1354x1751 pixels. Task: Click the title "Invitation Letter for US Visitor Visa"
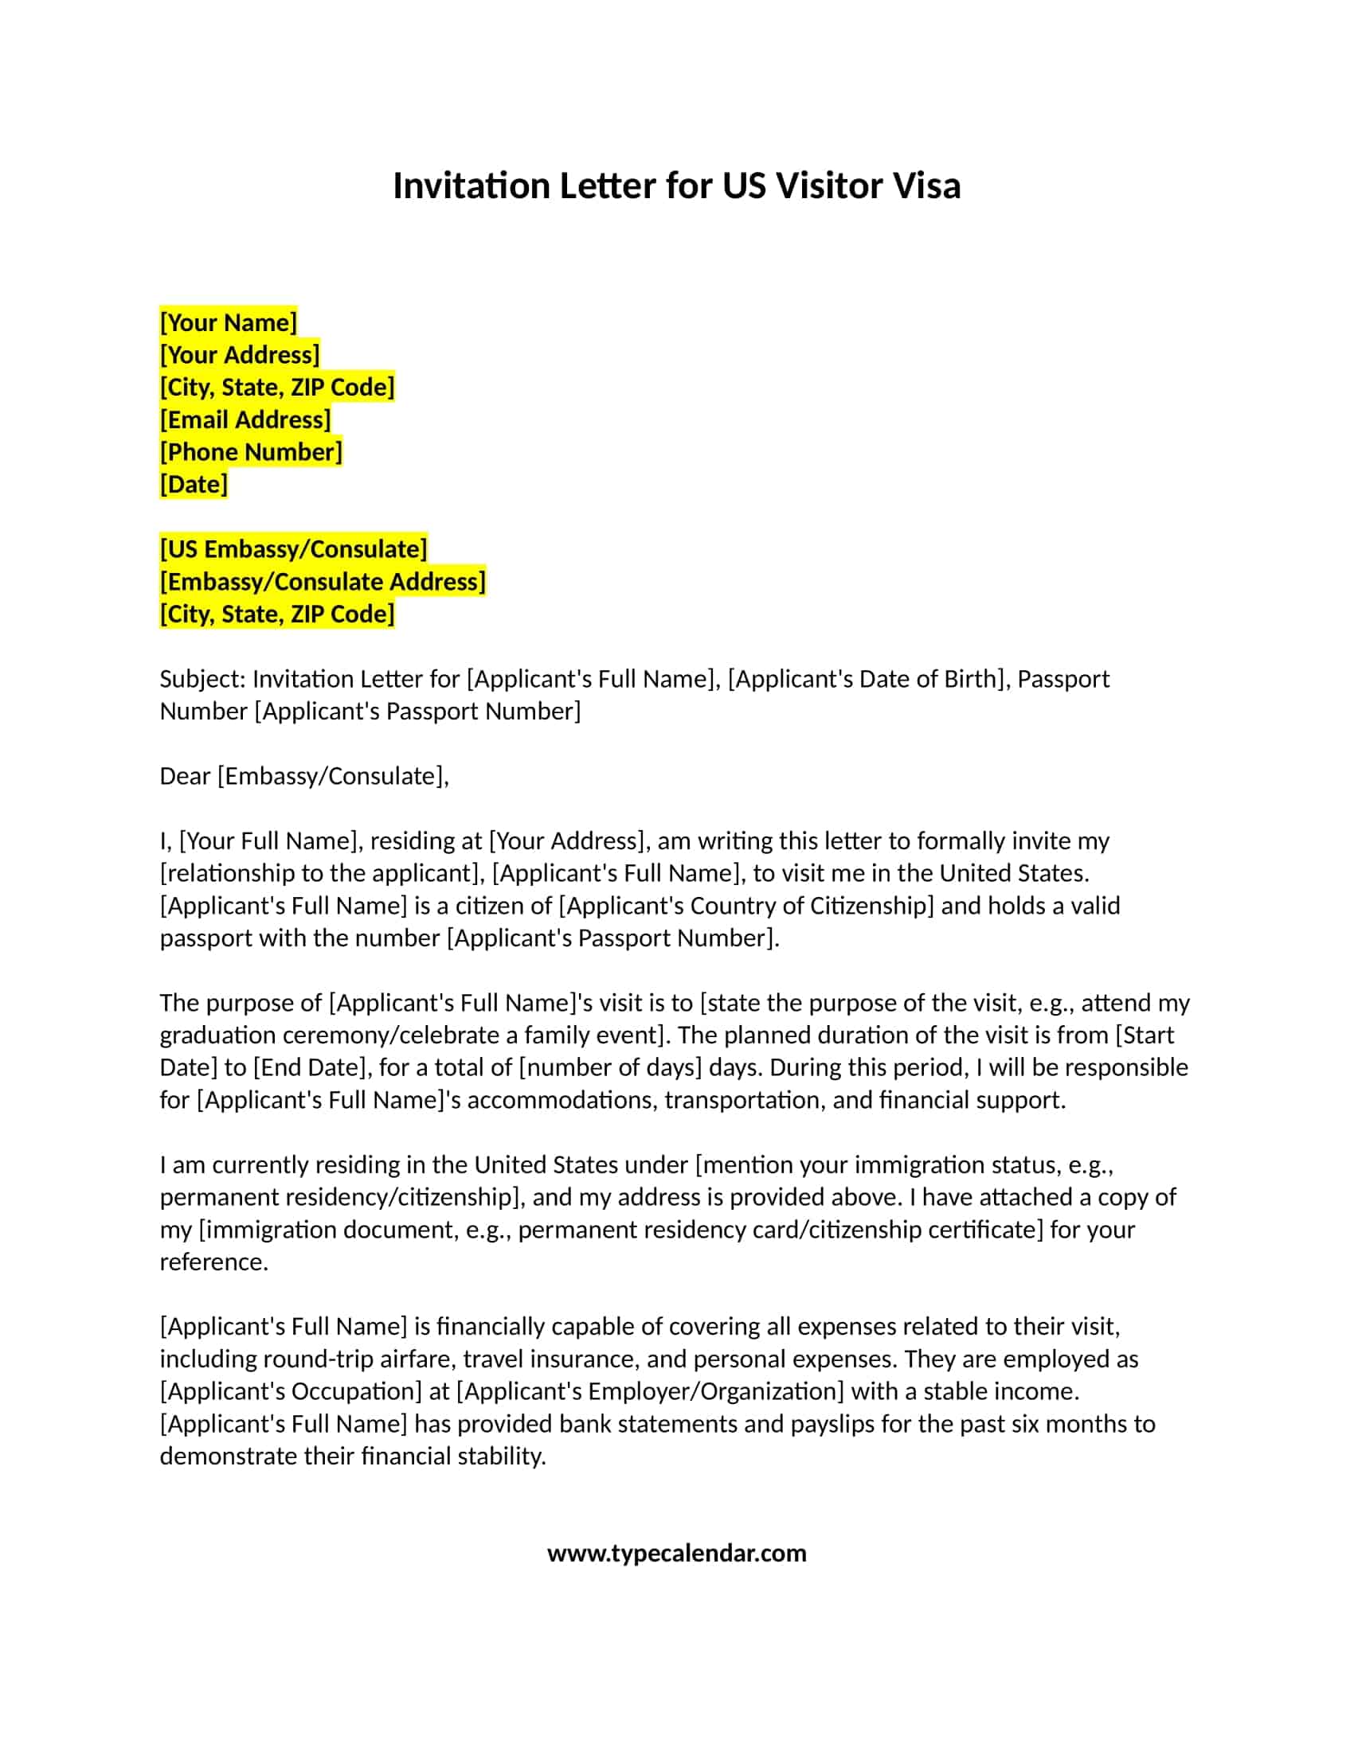(x=676, y=186)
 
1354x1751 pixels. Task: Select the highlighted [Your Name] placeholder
(x=229, y=322)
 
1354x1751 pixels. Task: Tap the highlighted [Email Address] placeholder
(x=245, y=419)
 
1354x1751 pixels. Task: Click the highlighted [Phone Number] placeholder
(x=251, y=452)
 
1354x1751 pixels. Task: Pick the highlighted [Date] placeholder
(x=194, y=484)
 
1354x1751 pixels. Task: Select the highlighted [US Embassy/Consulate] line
(x=294, y=549)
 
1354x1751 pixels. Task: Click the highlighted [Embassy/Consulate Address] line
(x=323, y=581)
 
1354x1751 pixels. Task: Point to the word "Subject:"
(x=203, y=679)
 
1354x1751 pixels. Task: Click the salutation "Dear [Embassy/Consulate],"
(x=304, y=776)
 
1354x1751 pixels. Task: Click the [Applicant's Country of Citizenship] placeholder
(x=746, y=906)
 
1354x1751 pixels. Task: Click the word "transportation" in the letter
(x=742, y=1100)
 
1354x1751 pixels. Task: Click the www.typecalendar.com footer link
(x=676, y=1554)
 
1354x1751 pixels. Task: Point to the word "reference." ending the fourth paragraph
(x=214, y=1262)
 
